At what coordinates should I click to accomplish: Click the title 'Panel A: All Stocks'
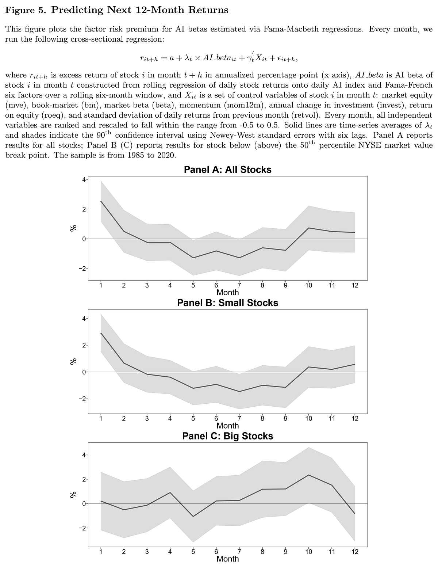tap(227, 170)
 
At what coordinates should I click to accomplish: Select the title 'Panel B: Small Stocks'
tap(227, 303)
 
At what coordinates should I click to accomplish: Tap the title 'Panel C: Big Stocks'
tap(227, 436)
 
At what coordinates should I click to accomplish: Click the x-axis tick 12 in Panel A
tap(355, 286)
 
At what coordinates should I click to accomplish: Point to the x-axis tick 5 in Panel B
tap(193, 419)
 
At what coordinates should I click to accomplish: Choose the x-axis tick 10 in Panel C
tap(309, 552)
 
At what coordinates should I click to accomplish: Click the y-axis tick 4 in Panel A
tap(84, 180)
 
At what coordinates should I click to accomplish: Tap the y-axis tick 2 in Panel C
tap(84, 479)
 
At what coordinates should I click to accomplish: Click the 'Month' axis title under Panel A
tap(227, 292)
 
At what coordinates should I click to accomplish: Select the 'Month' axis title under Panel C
tap(227, 559)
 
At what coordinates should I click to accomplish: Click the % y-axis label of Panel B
tap(73, 361)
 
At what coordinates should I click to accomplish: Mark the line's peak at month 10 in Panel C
tap(309, 475)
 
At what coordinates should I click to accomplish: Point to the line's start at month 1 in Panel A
tap(101, 201)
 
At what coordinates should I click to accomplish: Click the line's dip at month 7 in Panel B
tap(239, 392)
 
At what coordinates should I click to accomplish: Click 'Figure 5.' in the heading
tap(26, 10)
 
